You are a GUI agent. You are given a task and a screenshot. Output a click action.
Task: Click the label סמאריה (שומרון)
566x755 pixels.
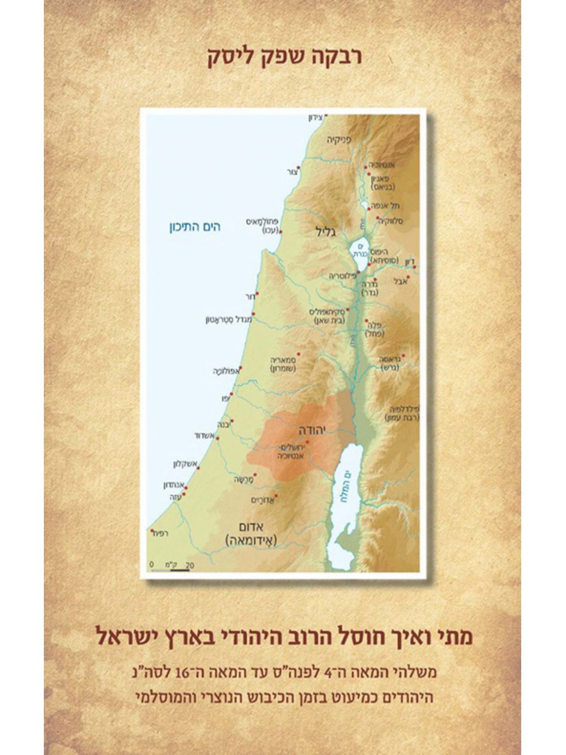click(283, 363)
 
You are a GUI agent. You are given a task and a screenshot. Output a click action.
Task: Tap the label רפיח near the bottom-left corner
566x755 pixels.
click(161, 533)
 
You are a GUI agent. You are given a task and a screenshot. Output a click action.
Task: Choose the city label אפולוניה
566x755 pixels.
click(226, 372)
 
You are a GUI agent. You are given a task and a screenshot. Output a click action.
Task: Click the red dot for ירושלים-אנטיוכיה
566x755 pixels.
click(307, 442)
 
